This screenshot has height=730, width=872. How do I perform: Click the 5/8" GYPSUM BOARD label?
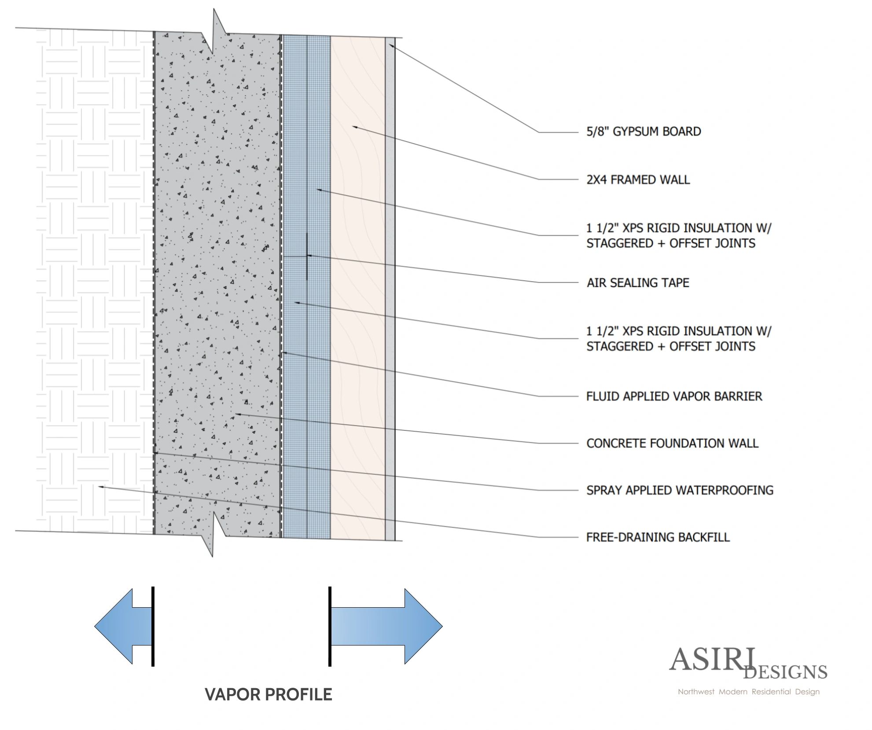[x=644, y=132]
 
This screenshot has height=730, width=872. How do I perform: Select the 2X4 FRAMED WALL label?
[x=638, y=180]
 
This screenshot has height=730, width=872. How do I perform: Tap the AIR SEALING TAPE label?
[x=638, y=282]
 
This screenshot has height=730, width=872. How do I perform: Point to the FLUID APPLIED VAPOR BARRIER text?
[x=674, y=396]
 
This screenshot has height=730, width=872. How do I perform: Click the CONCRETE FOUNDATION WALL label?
[x=672, y=443]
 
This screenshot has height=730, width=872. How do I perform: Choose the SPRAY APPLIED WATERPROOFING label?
[x=680, y=490]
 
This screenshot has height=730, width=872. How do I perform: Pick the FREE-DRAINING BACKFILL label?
[x=658, y=537]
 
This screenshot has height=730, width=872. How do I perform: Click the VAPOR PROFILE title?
[x=269, y=694]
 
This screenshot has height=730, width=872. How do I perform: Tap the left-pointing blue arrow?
[x=124, y=626]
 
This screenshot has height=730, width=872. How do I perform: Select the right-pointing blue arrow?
[x=386, y=626]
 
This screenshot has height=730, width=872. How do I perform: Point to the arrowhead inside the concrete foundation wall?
[x=235, y=414]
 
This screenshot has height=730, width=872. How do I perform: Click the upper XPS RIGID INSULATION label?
[x=679, y=235]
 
